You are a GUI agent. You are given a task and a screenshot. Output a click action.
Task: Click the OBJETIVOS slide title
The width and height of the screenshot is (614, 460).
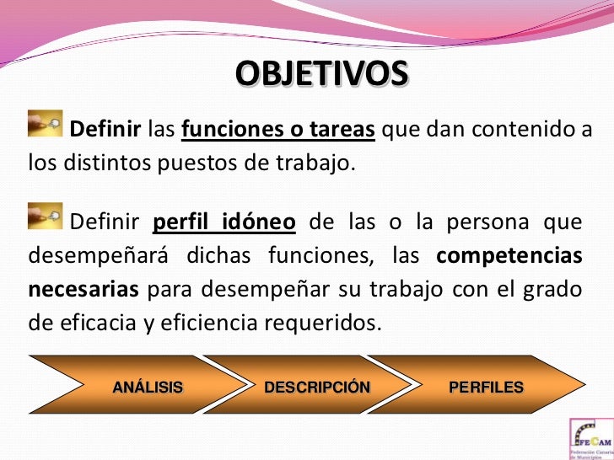(x=320, y=74)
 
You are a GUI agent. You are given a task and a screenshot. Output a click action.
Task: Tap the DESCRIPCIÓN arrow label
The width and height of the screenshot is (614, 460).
(x=317, y=388)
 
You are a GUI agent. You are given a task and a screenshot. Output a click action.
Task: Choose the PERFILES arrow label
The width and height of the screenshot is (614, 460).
(x=486, y=388)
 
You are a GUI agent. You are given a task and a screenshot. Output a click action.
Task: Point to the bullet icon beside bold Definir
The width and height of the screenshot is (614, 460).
(x=46, y=123)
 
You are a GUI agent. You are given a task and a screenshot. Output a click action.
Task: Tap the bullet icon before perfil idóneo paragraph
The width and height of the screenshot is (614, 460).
(x=46, y=216)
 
